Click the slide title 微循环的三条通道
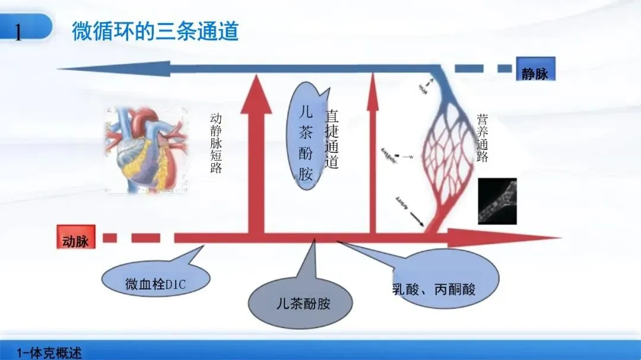pos(155,31)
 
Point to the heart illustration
pos(145,149)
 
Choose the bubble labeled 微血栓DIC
pos(156,284)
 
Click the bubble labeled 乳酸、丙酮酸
pos(433,289)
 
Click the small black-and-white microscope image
pos(497,201)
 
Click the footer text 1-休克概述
pos(50,352)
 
